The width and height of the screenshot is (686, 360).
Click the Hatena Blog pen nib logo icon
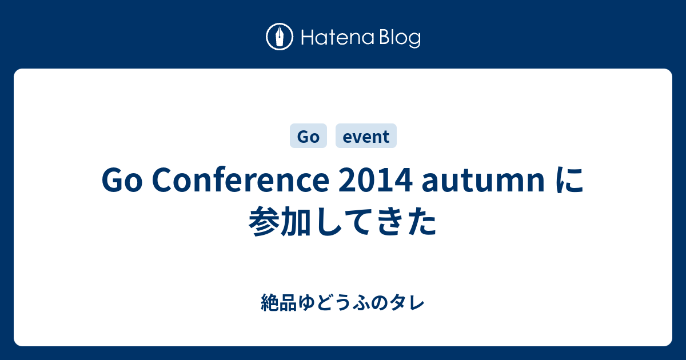click(280, 37)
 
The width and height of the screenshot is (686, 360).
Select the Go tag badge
click(308, 135)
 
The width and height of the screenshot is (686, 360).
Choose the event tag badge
click(366, 135)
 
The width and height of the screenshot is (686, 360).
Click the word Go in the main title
click(122, 180)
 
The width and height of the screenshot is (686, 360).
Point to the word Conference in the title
click(241, 180)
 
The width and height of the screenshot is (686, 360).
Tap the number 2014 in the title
click(376, 180)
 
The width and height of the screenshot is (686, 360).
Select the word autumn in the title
click(483, 181)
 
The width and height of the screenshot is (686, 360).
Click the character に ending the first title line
click(569, 181)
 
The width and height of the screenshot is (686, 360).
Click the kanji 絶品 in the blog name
click(279, 303)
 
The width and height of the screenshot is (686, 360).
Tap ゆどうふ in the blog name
click(333, 303)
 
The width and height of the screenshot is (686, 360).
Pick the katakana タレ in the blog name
click(407, 303)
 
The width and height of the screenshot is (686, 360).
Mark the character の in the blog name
click(380, 303)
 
